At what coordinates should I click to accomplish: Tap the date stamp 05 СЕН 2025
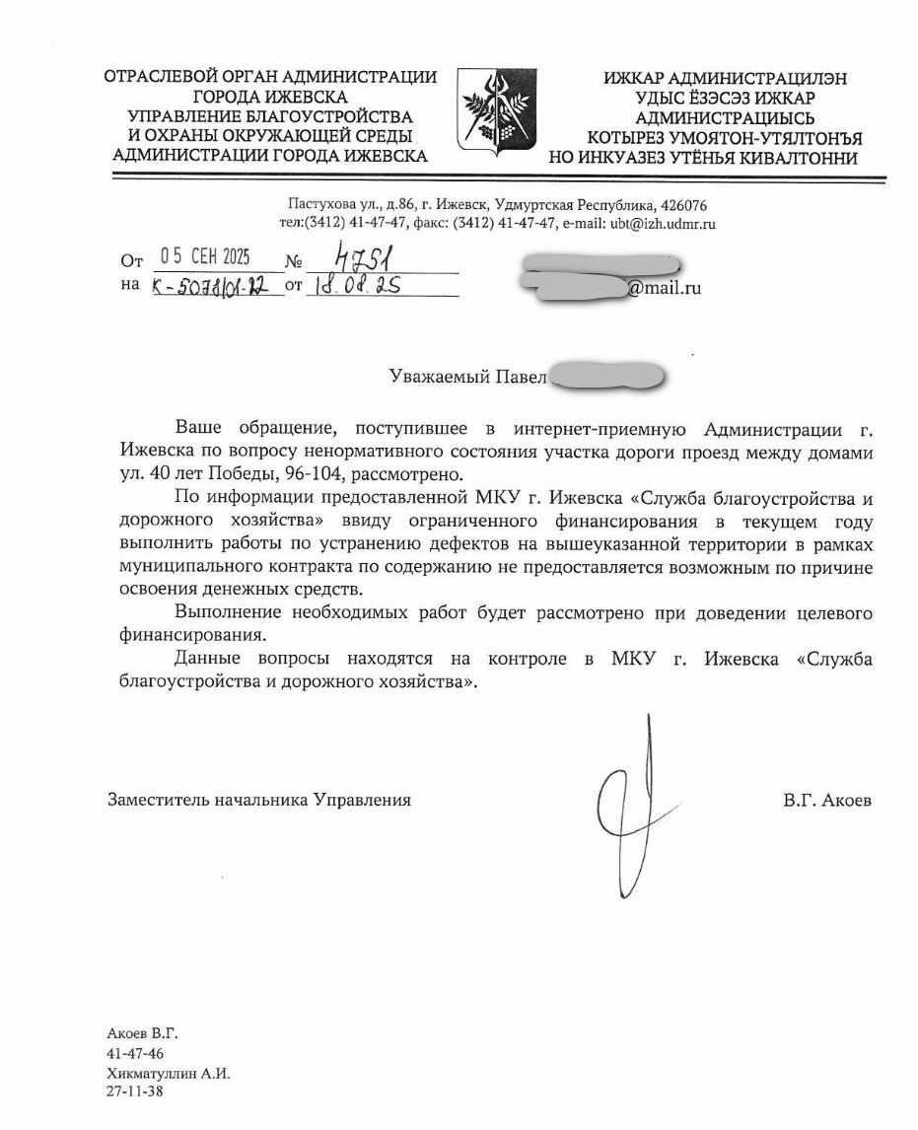pyautogui.click(x=205, y=257)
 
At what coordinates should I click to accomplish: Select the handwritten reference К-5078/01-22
pyautogui.click(x=211, y=287)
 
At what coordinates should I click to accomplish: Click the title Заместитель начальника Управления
pyautogui.click(x=259, y=800)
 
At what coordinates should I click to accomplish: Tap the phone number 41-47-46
pyautogui.click(x=135, y=1054)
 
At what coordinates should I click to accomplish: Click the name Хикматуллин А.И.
pyautogui.click(x=168, y=1073)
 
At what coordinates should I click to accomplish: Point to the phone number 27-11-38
pyautogui.click(x=135, y=1092)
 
